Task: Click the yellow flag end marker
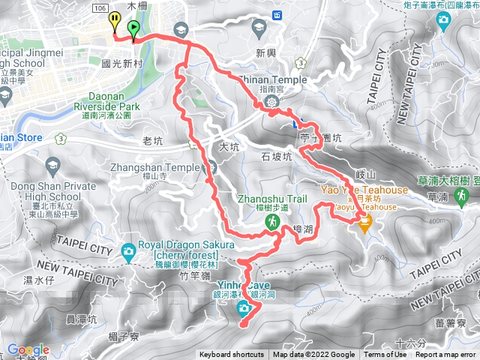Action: coord(114,20)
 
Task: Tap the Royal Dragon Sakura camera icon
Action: coord(128,250)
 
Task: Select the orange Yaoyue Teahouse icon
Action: coord(365,223)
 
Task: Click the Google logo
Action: coord(28,350)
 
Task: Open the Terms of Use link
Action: coord(385,355)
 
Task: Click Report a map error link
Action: coord(446,355)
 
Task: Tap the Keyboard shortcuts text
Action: coord(231,355)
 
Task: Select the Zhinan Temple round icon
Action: coord(272,101)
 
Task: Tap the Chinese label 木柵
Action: coord(135,6)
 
